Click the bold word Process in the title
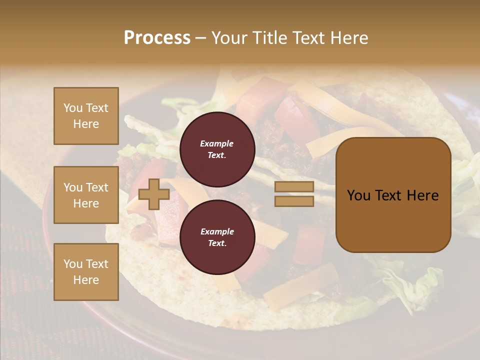point(157,38)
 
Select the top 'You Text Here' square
point(86,116)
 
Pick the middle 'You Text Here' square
point(86,195)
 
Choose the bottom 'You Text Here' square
point(86,271)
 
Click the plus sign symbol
point(154,194)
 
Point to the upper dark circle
point(217,149)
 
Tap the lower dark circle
point(217,237)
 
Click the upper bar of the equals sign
point(294,186)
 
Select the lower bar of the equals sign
point(294,201)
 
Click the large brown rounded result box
point(393,195)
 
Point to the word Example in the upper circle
point(217,143)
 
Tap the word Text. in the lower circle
point(217,243)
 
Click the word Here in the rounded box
point(422,195)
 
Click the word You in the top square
point(72,108)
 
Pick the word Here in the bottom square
point(86,280)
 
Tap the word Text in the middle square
point(96,187)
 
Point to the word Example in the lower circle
point(217,231)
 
